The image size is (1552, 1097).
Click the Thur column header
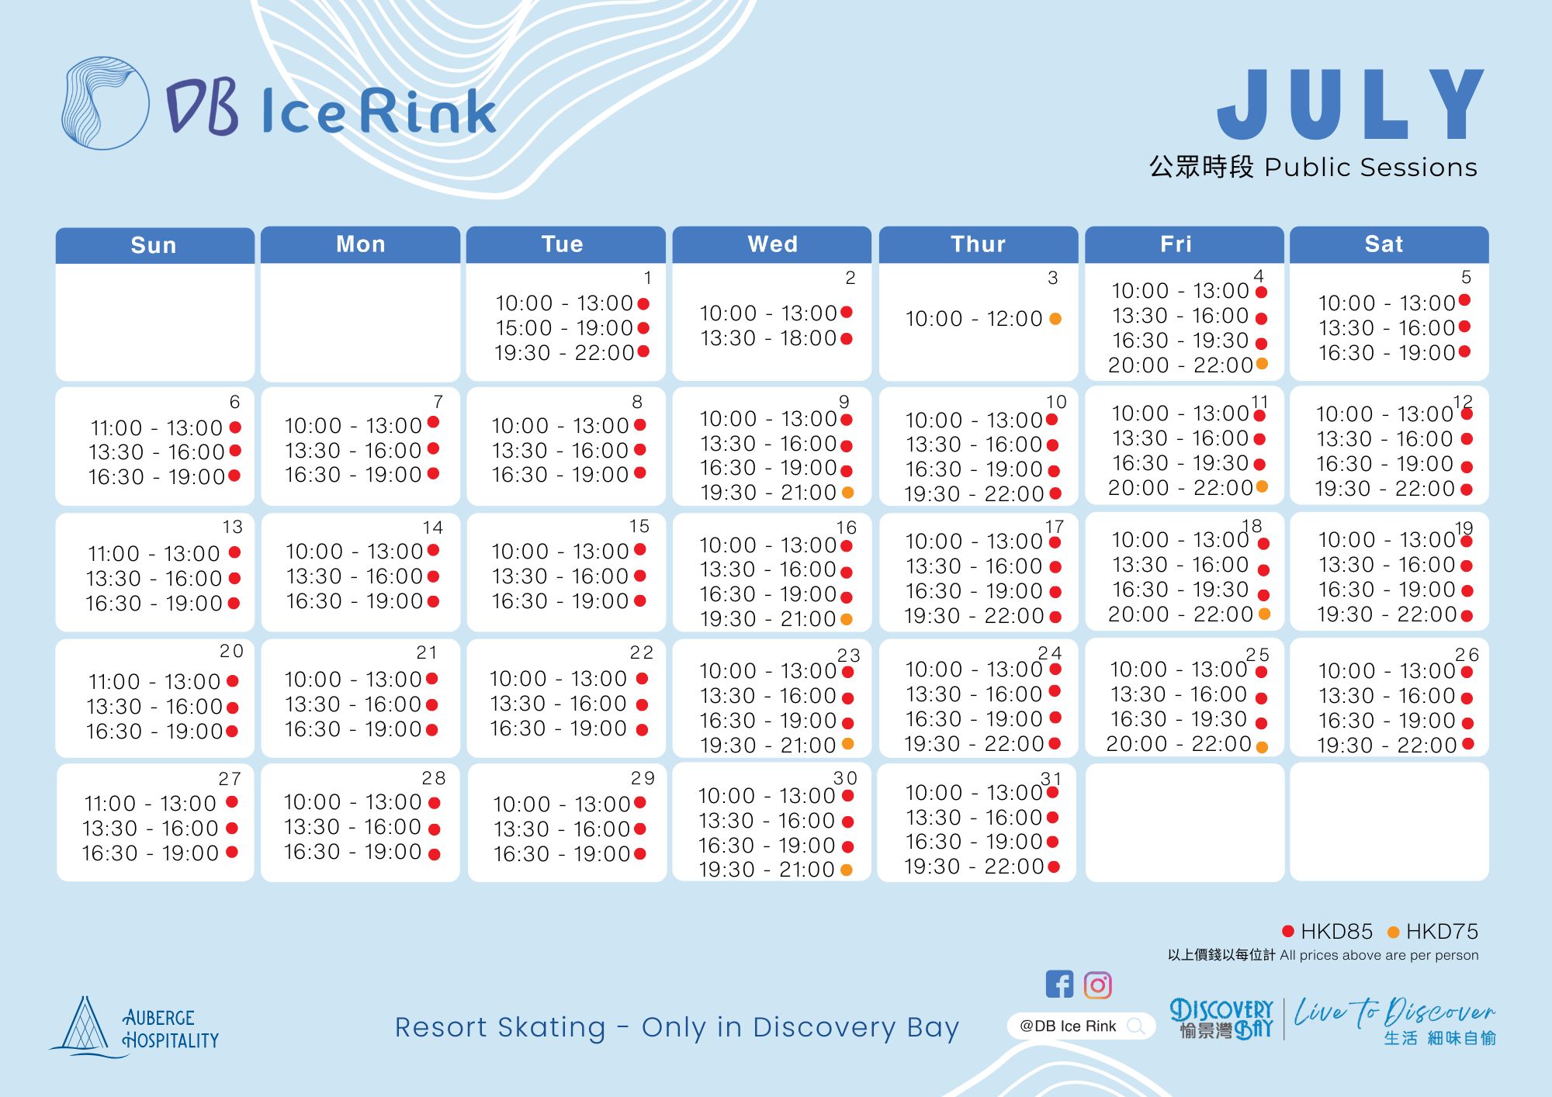click(978, 244)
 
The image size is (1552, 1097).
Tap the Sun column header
click(154, 245)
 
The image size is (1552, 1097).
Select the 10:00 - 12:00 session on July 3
click(974, 319)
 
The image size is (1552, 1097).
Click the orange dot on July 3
click(1055, 319)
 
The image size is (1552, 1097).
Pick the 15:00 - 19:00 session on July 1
click(564, 328)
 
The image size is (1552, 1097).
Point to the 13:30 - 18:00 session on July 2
click(768, 338)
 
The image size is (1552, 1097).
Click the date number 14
click(432, 528)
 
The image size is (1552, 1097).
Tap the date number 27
click(230, 778)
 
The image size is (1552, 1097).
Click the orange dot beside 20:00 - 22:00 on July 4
click(1262, 364)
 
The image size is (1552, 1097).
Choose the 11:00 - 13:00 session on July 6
click(157, 428)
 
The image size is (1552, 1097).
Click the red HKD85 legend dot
click(1288, 931)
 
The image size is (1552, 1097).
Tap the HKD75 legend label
click(1442, 931)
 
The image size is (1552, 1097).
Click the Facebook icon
click(1059, 985)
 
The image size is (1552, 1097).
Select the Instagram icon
click(1097, 985)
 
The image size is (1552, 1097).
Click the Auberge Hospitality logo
click(134, 1027)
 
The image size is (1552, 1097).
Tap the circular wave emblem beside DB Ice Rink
click(105, 103)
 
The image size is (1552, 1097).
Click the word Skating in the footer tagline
click(551, 1028)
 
